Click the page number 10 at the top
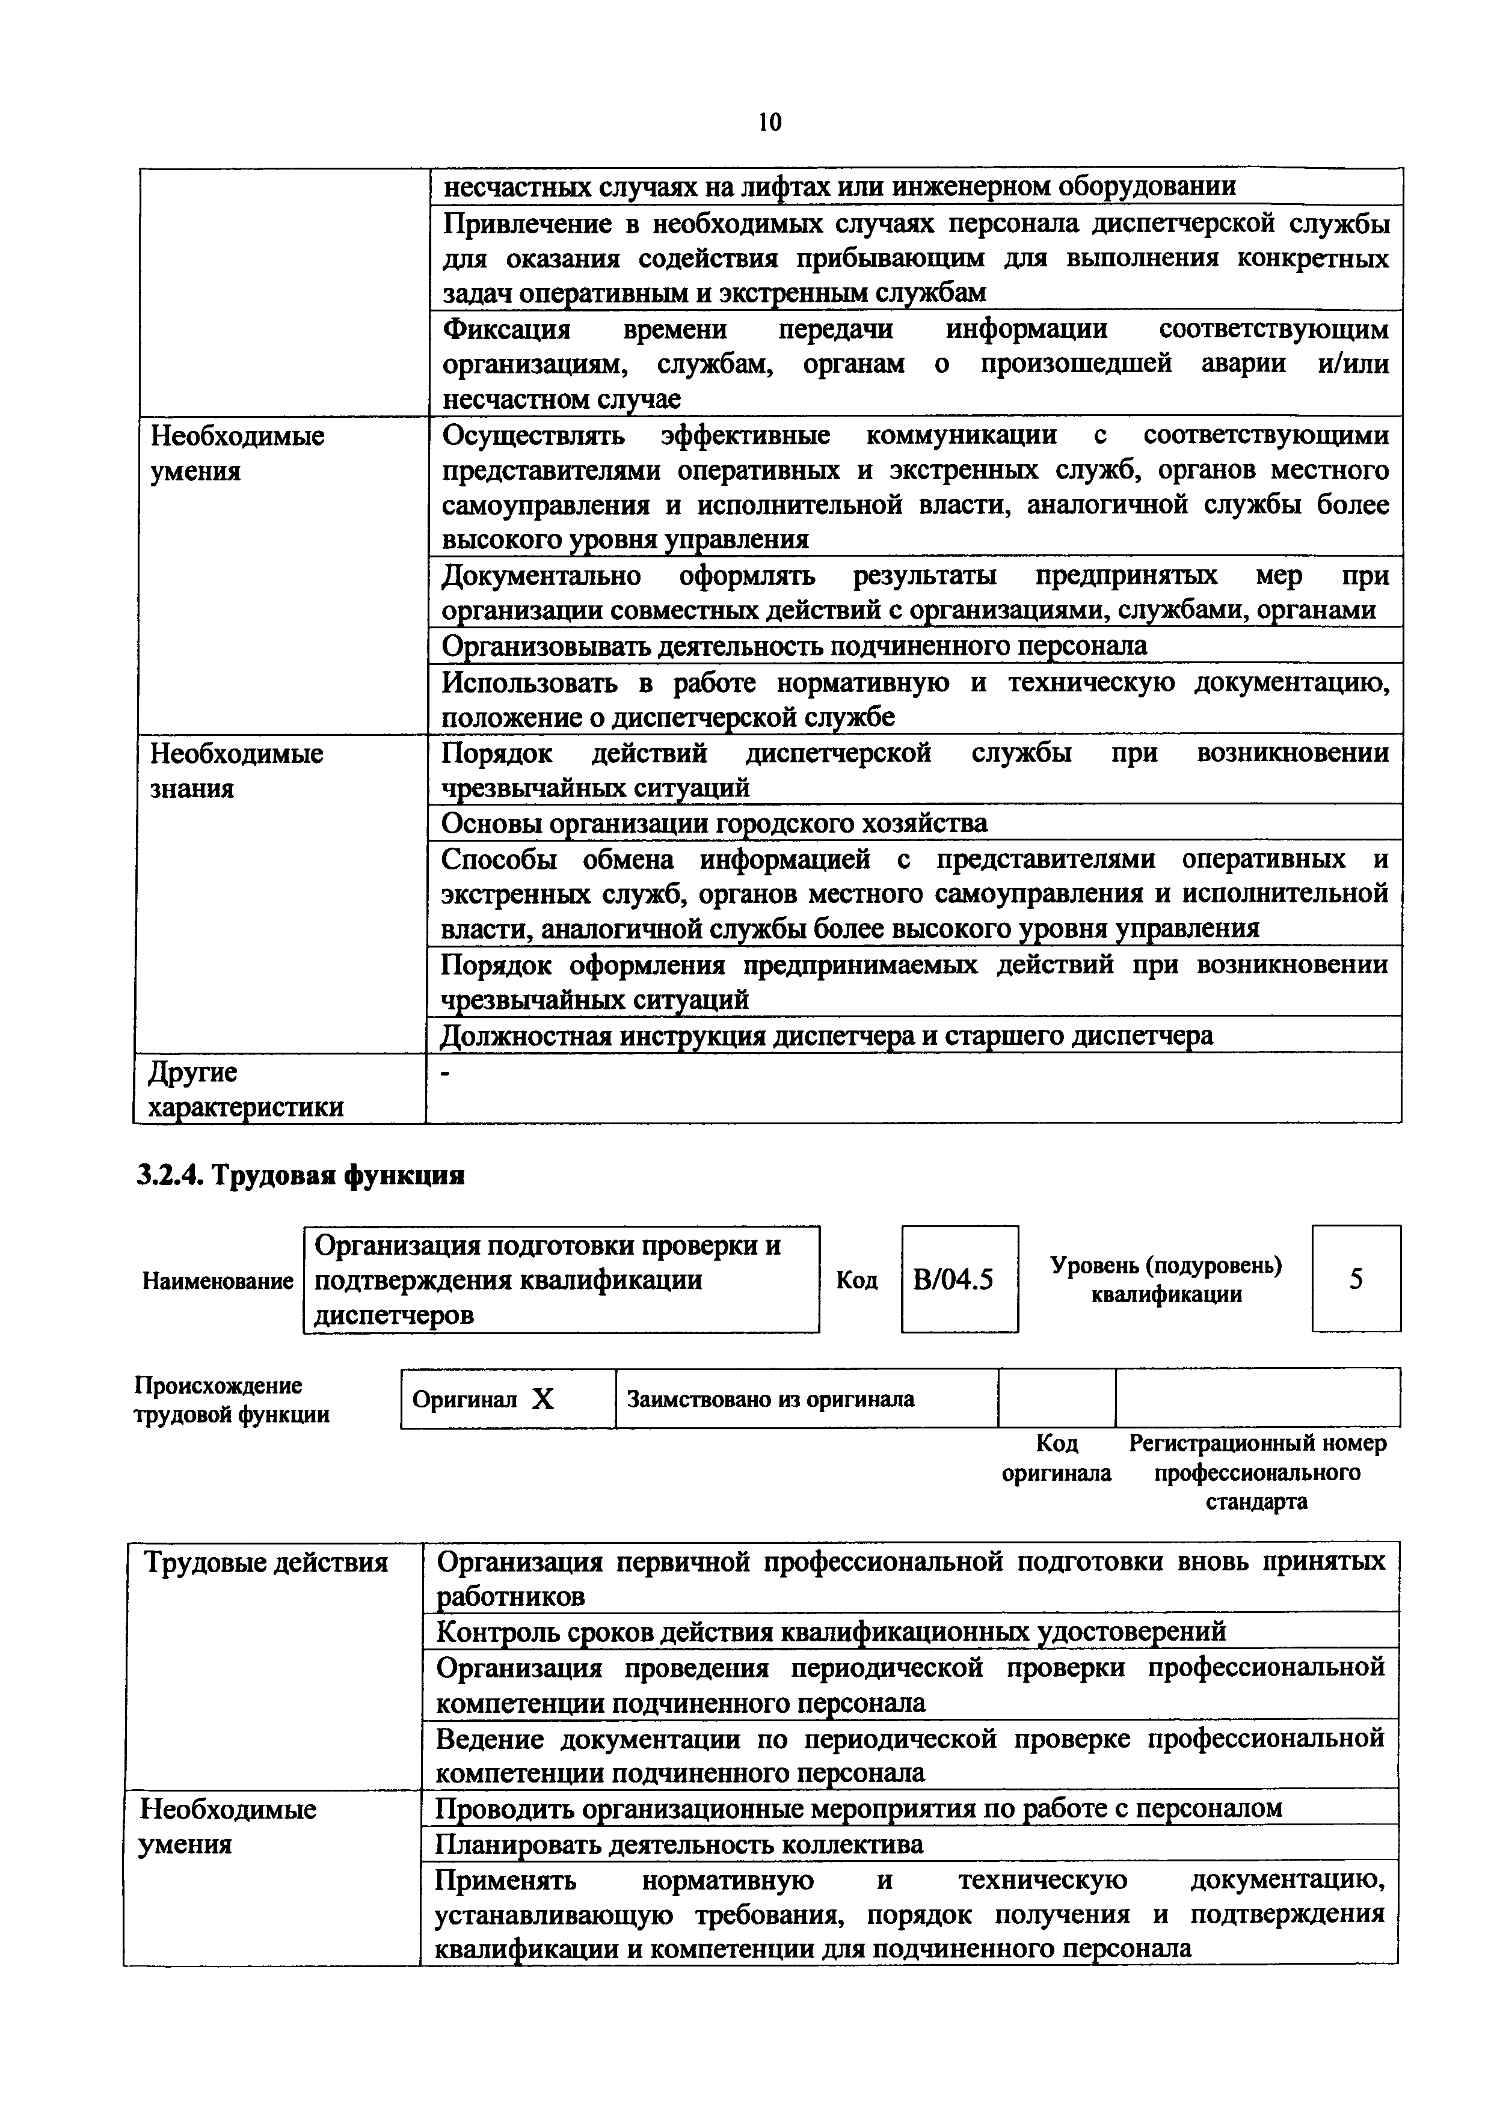[770, 122]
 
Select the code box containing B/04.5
[959, 1279]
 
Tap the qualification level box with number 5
[1356, 1279]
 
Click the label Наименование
[218, 1281]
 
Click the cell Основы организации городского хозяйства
[715, 823]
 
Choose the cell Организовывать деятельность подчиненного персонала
[795, 646]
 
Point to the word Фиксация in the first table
[506, 329]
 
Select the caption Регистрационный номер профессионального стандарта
[1257, 1472]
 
